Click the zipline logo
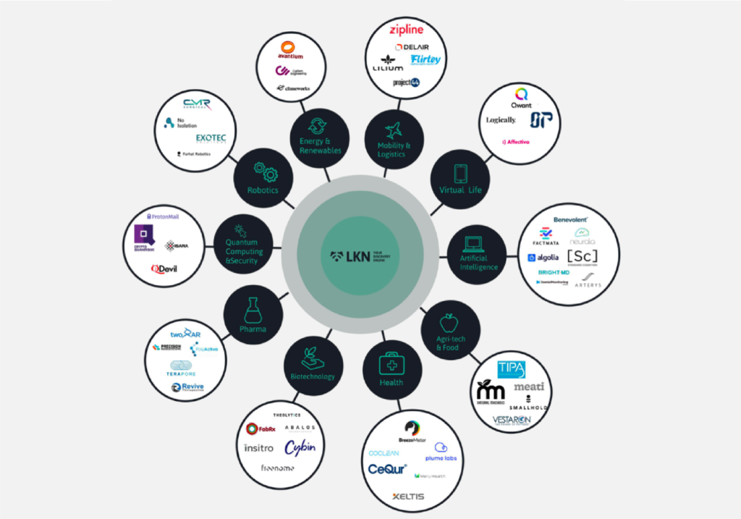click(406, 30)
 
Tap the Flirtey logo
click(425, 59)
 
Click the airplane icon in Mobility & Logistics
click(393, 130)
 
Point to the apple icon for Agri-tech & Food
click(450, 321)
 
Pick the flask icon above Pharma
click(253, 310)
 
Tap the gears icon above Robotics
click(265, 172)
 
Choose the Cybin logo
click(300, 447)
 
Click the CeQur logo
click(387, 469)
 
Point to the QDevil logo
click(164, 269)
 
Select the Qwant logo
click(522, 97)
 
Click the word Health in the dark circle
click(391, 382)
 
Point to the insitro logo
click(259, 448)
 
